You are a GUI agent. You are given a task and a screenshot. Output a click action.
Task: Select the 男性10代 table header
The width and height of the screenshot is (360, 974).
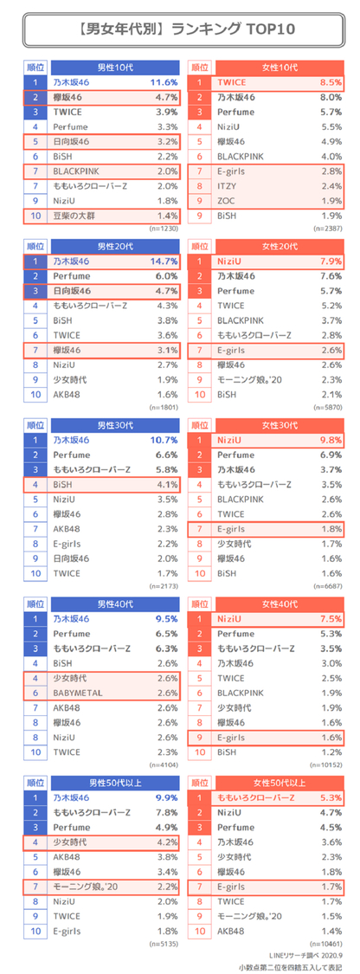pyautogui.click(x=115, y=67)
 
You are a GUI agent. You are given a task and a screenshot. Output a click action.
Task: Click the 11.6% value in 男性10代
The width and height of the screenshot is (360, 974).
pyautogui.click(x=164, y=82)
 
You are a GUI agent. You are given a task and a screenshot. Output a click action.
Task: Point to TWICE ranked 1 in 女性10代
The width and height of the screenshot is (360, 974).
pyautogui.click(x=232, y=82)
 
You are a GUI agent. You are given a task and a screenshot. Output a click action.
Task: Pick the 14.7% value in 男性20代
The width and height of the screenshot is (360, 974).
pyautogui.click(x=164, y=261)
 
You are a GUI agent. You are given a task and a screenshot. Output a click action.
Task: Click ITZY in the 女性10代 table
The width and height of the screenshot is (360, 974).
pyautogui.click(x=228, y=185)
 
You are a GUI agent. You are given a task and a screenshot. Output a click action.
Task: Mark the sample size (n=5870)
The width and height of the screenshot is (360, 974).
pyautogui.click(x=331, y=406)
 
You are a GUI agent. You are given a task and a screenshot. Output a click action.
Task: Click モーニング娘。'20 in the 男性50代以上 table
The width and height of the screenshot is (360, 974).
pyautogui.click(x=85, y=887)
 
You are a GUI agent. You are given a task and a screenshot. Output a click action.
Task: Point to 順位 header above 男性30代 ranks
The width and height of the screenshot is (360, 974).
pyautogui.click(x=35, y=425)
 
